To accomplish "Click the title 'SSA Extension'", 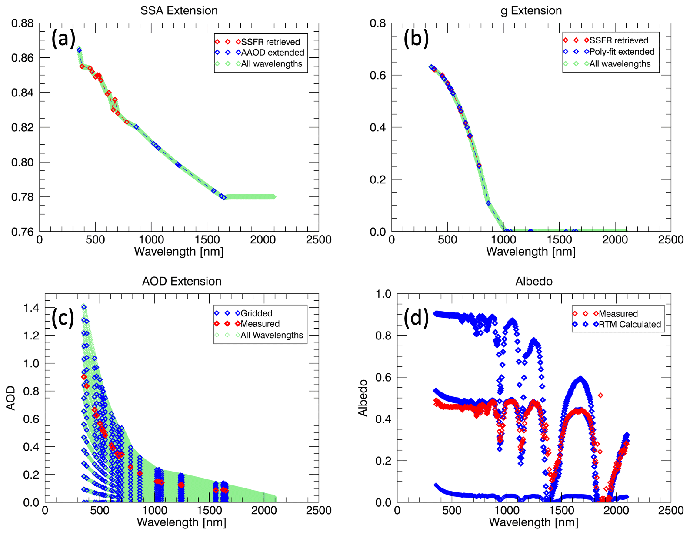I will point(179,11).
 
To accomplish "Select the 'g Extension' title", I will point(531,11).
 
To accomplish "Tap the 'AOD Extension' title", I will point(182,282).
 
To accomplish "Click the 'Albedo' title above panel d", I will point(534,282).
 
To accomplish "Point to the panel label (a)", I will point(63,39).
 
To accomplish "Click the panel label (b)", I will point(416,39).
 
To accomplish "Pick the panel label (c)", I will point(63,318).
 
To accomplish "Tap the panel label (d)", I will point(416,318).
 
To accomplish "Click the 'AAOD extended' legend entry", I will point(273,53).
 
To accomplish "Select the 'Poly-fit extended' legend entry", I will point(622,52).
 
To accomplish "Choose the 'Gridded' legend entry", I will point(257,313).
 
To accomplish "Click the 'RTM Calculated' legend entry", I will point(630,324).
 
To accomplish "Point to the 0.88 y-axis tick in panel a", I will point(23,23).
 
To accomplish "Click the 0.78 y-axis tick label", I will point(23,197).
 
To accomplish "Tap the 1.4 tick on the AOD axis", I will point(31,308).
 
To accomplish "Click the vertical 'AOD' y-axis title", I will point(11,398).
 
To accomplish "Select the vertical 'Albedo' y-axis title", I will point(363,398).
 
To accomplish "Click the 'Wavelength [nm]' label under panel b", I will point(531,252).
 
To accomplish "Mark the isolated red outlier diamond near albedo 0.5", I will point(600,395).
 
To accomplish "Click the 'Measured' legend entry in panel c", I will point(260,324).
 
